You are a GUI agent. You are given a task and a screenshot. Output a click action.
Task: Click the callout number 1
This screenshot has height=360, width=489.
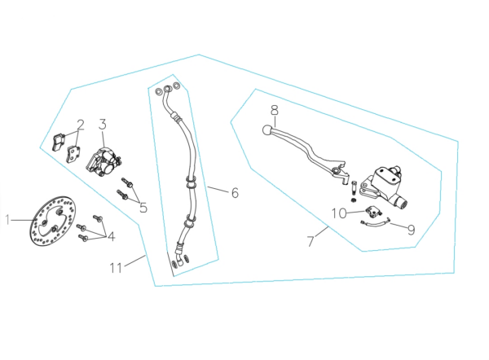(x=7, y=220)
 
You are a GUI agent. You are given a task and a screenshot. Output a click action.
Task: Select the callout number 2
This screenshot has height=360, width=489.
(x=81, y=125)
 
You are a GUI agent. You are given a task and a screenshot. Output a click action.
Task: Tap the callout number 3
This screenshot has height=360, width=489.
(x=103, y=124)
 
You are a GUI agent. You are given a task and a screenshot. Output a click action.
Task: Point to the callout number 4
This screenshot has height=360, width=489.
(x=112, y=236)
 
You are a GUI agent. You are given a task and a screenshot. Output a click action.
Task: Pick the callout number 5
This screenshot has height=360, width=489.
(x=143, y=208)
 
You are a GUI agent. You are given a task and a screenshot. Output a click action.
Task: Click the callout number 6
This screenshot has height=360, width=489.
(x=235, y=193)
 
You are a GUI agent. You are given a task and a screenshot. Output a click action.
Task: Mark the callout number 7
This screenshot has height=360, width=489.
(x=311, y=241)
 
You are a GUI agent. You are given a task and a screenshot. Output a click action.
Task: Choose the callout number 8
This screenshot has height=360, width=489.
(x=275, y=110)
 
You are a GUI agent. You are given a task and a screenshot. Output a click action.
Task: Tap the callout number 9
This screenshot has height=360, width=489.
(x=412, y=230)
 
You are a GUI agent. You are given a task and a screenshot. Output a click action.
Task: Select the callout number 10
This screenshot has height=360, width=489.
(x=339, y=213)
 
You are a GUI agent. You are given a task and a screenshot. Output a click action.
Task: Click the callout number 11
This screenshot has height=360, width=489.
(x=116, y=268)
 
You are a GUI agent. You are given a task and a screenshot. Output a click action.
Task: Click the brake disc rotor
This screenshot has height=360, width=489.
(x=53, y=221)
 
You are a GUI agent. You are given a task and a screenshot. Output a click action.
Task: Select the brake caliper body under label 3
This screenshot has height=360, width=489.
(x=104, y=162)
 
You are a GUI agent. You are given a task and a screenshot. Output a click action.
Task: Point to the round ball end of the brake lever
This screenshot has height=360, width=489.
(x=267, y=130)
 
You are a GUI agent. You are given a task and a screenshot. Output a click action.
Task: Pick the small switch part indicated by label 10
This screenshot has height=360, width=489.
(x=373, y=212)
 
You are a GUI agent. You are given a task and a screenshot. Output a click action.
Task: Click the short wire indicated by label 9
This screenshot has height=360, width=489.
(x=375, y=222)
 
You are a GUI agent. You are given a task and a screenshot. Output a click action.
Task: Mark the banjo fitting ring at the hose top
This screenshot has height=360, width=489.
(x=168, y=89)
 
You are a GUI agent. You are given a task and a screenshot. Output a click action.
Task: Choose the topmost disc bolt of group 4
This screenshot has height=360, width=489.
(x=98, y=217)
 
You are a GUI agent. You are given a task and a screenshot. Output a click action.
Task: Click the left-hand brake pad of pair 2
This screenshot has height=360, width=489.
(x=59, y=143)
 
